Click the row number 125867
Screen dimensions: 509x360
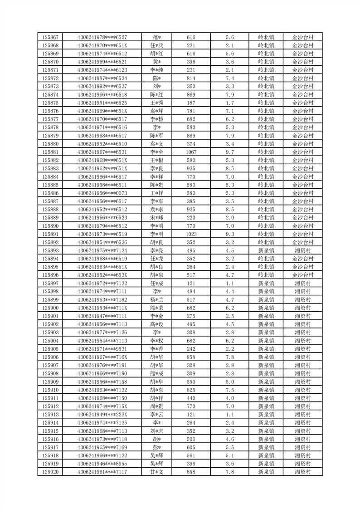pos(50,37)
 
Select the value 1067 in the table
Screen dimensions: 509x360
pos(191,152)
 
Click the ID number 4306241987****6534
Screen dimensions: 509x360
pos(102,78)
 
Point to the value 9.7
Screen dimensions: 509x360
pos(229,152)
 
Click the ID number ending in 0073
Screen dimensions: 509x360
pos(102,193)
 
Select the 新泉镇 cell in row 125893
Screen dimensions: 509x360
pos(266,250)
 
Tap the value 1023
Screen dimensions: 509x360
pos(191,234)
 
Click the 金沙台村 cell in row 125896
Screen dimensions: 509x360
pos(302,275)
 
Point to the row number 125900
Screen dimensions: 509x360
pos(50,308)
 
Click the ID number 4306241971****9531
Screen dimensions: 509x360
pos(102,349)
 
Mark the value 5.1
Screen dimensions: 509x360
pos(229,456)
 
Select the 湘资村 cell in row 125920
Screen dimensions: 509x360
pos(302,472)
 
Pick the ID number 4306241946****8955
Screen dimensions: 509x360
pos(102,464)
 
